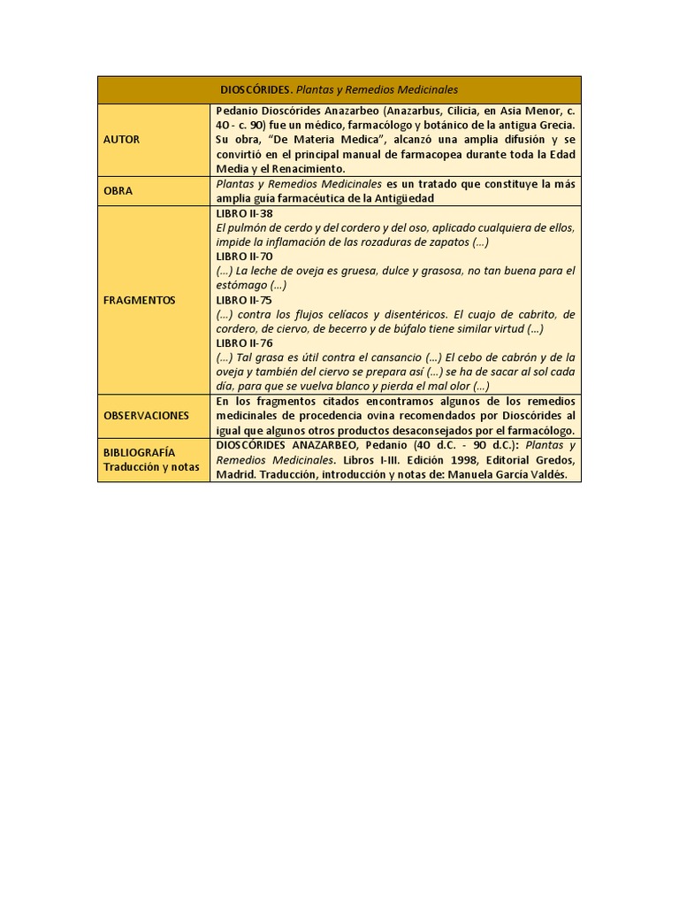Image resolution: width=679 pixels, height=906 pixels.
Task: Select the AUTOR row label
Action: [x=121, y=140]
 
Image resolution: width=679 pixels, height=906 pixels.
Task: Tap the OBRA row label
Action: [x=118, y=190]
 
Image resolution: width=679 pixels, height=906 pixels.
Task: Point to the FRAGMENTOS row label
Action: [x=139, y=300]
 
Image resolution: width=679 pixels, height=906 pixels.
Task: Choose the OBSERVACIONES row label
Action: [x=146, y=415]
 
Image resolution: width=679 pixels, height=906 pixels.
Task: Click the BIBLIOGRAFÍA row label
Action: [x=140, y=452]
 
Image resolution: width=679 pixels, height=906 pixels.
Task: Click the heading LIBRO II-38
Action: [x=245, y=213]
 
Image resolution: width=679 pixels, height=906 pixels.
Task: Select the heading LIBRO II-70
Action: [x=245, y=257]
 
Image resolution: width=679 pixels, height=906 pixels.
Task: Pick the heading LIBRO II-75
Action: [x=245, y=300]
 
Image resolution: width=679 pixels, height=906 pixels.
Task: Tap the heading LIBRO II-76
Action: [x=245, y=342]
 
